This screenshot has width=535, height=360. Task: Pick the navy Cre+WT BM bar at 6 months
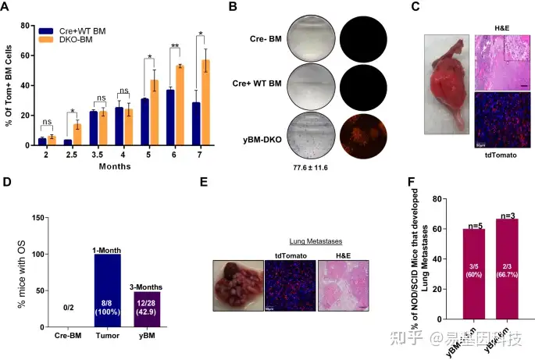tap(169, 114)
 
